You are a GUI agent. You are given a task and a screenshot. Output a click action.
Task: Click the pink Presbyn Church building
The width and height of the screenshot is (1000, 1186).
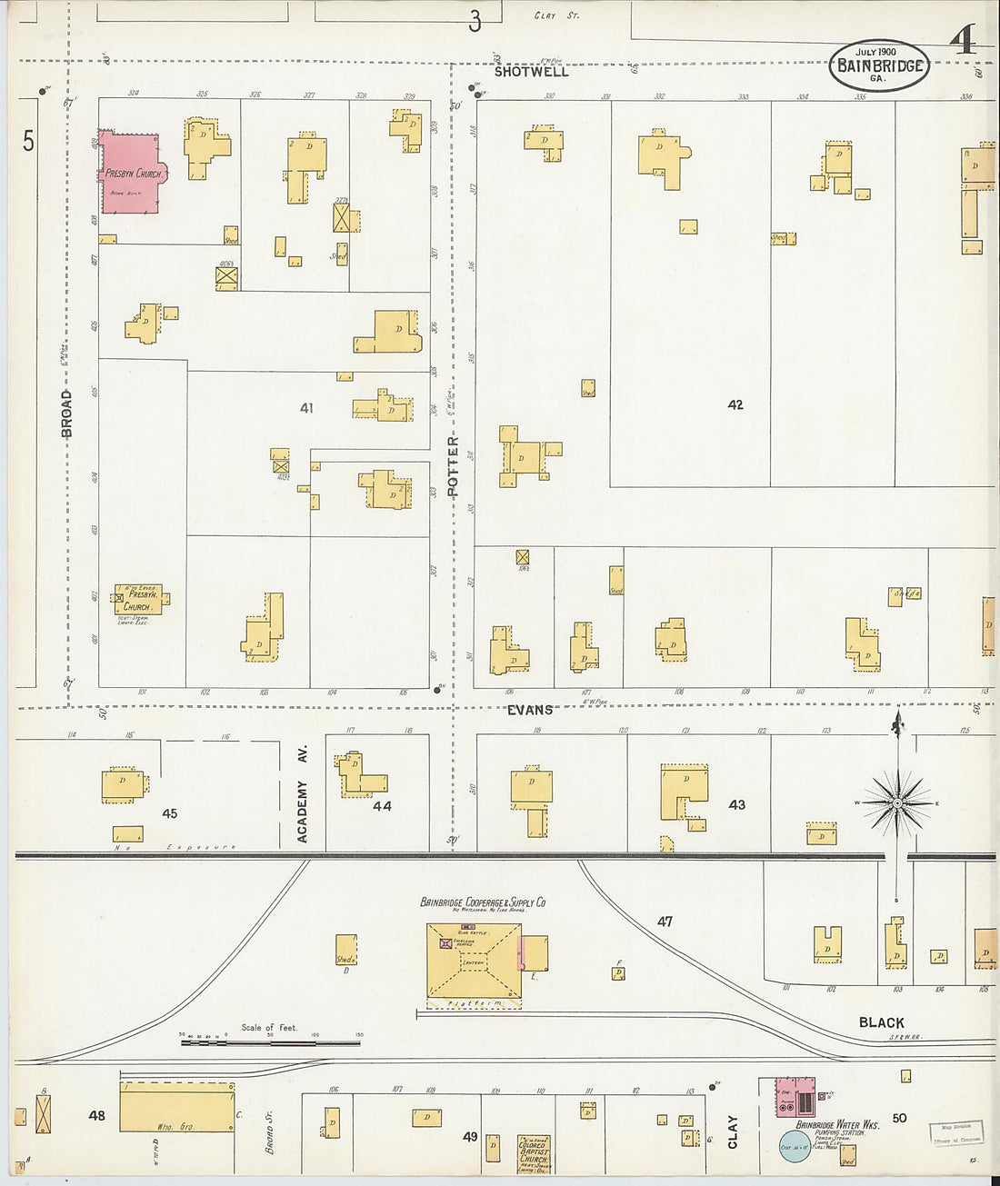pos(129,173)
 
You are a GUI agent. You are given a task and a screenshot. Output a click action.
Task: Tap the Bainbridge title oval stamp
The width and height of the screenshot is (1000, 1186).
pos(878,65)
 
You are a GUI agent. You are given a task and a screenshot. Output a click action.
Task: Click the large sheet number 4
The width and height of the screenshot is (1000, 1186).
pos(962,41)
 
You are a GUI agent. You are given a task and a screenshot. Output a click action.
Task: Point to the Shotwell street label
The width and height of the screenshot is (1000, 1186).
pos(532,72)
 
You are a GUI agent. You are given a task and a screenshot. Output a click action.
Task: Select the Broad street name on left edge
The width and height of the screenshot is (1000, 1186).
pos(66,414)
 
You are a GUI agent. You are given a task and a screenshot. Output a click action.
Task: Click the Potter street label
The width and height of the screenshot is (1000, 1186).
pos(453,465)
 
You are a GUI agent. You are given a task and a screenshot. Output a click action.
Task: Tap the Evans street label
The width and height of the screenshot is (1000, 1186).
pos(530,710)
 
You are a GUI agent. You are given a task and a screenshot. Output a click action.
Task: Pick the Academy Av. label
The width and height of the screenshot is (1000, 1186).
pos(303,794)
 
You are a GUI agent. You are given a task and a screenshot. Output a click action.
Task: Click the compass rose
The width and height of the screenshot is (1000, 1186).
pos(897,802)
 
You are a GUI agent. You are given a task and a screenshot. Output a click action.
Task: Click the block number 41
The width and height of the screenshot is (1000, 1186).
pos(306,408)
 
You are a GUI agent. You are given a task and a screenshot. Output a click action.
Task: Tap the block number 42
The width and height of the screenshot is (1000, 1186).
pos(735,404)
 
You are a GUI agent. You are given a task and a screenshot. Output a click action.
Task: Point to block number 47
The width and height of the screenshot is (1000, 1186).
pos(665,922)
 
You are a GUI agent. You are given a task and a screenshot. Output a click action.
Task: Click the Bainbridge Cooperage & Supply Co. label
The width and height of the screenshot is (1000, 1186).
pos(483,902)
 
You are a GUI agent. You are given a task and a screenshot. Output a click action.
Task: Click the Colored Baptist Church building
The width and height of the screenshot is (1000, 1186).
pos(533,1153)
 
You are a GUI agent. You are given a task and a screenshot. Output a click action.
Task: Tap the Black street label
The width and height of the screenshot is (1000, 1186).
pos(881,1022)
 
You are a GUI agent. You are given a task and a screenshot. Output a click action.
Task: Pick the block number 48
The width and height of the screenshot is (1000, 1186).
pos(96,1115)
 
